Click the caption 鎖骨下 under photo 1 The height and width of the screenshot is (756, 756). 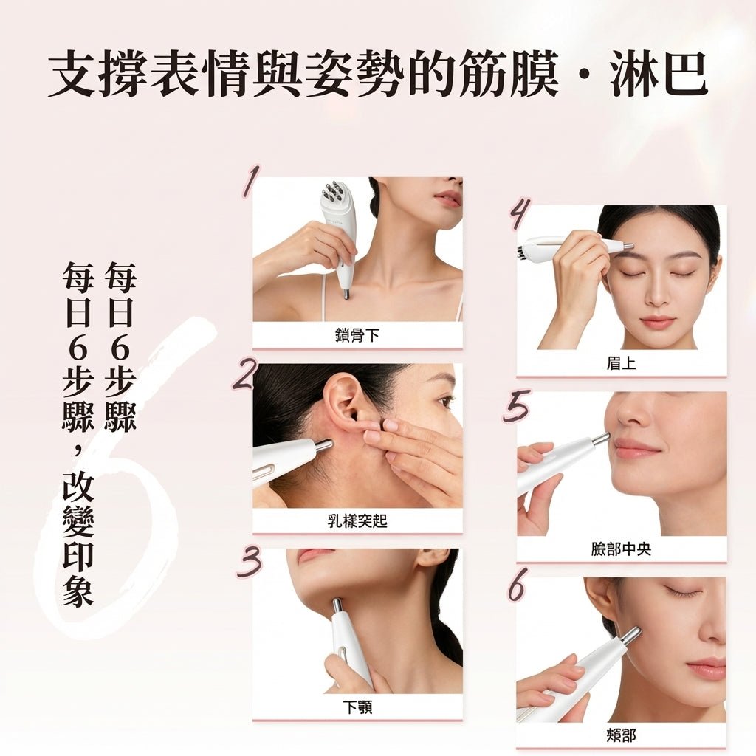[x=357, y=335]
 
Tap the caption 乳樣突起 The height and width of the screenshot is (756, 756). [x=357, y=520]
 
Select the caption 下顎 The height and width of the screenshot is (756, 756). [x=357, y=707]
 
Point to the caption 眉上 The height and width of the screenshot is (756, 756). [x=621, y=363]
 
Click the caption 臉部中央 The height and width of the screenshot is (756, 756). [x=621, y=549]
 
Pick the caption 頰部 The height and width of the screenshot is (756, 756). [x=621, y=735]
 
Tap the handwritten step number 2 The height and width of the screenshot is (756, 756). [x=247, y=374]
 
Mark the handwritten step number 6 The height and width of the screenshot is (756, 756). [x=518, y=585]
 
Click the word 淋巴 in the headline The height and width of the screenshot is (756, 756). [x=659, y=75]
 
